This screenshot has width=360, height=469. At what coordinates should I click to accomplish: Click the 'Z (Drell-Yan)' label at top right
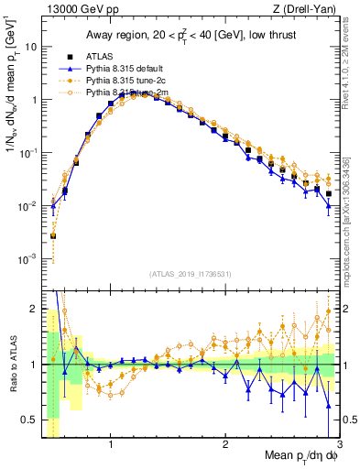[x=304, y=8]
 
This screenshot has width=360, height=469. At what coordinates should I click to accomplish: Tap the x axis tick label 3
[x=339, y=446]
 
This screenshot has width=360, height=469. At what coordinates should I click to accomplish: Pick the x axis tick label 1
[x=111, y=446]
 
